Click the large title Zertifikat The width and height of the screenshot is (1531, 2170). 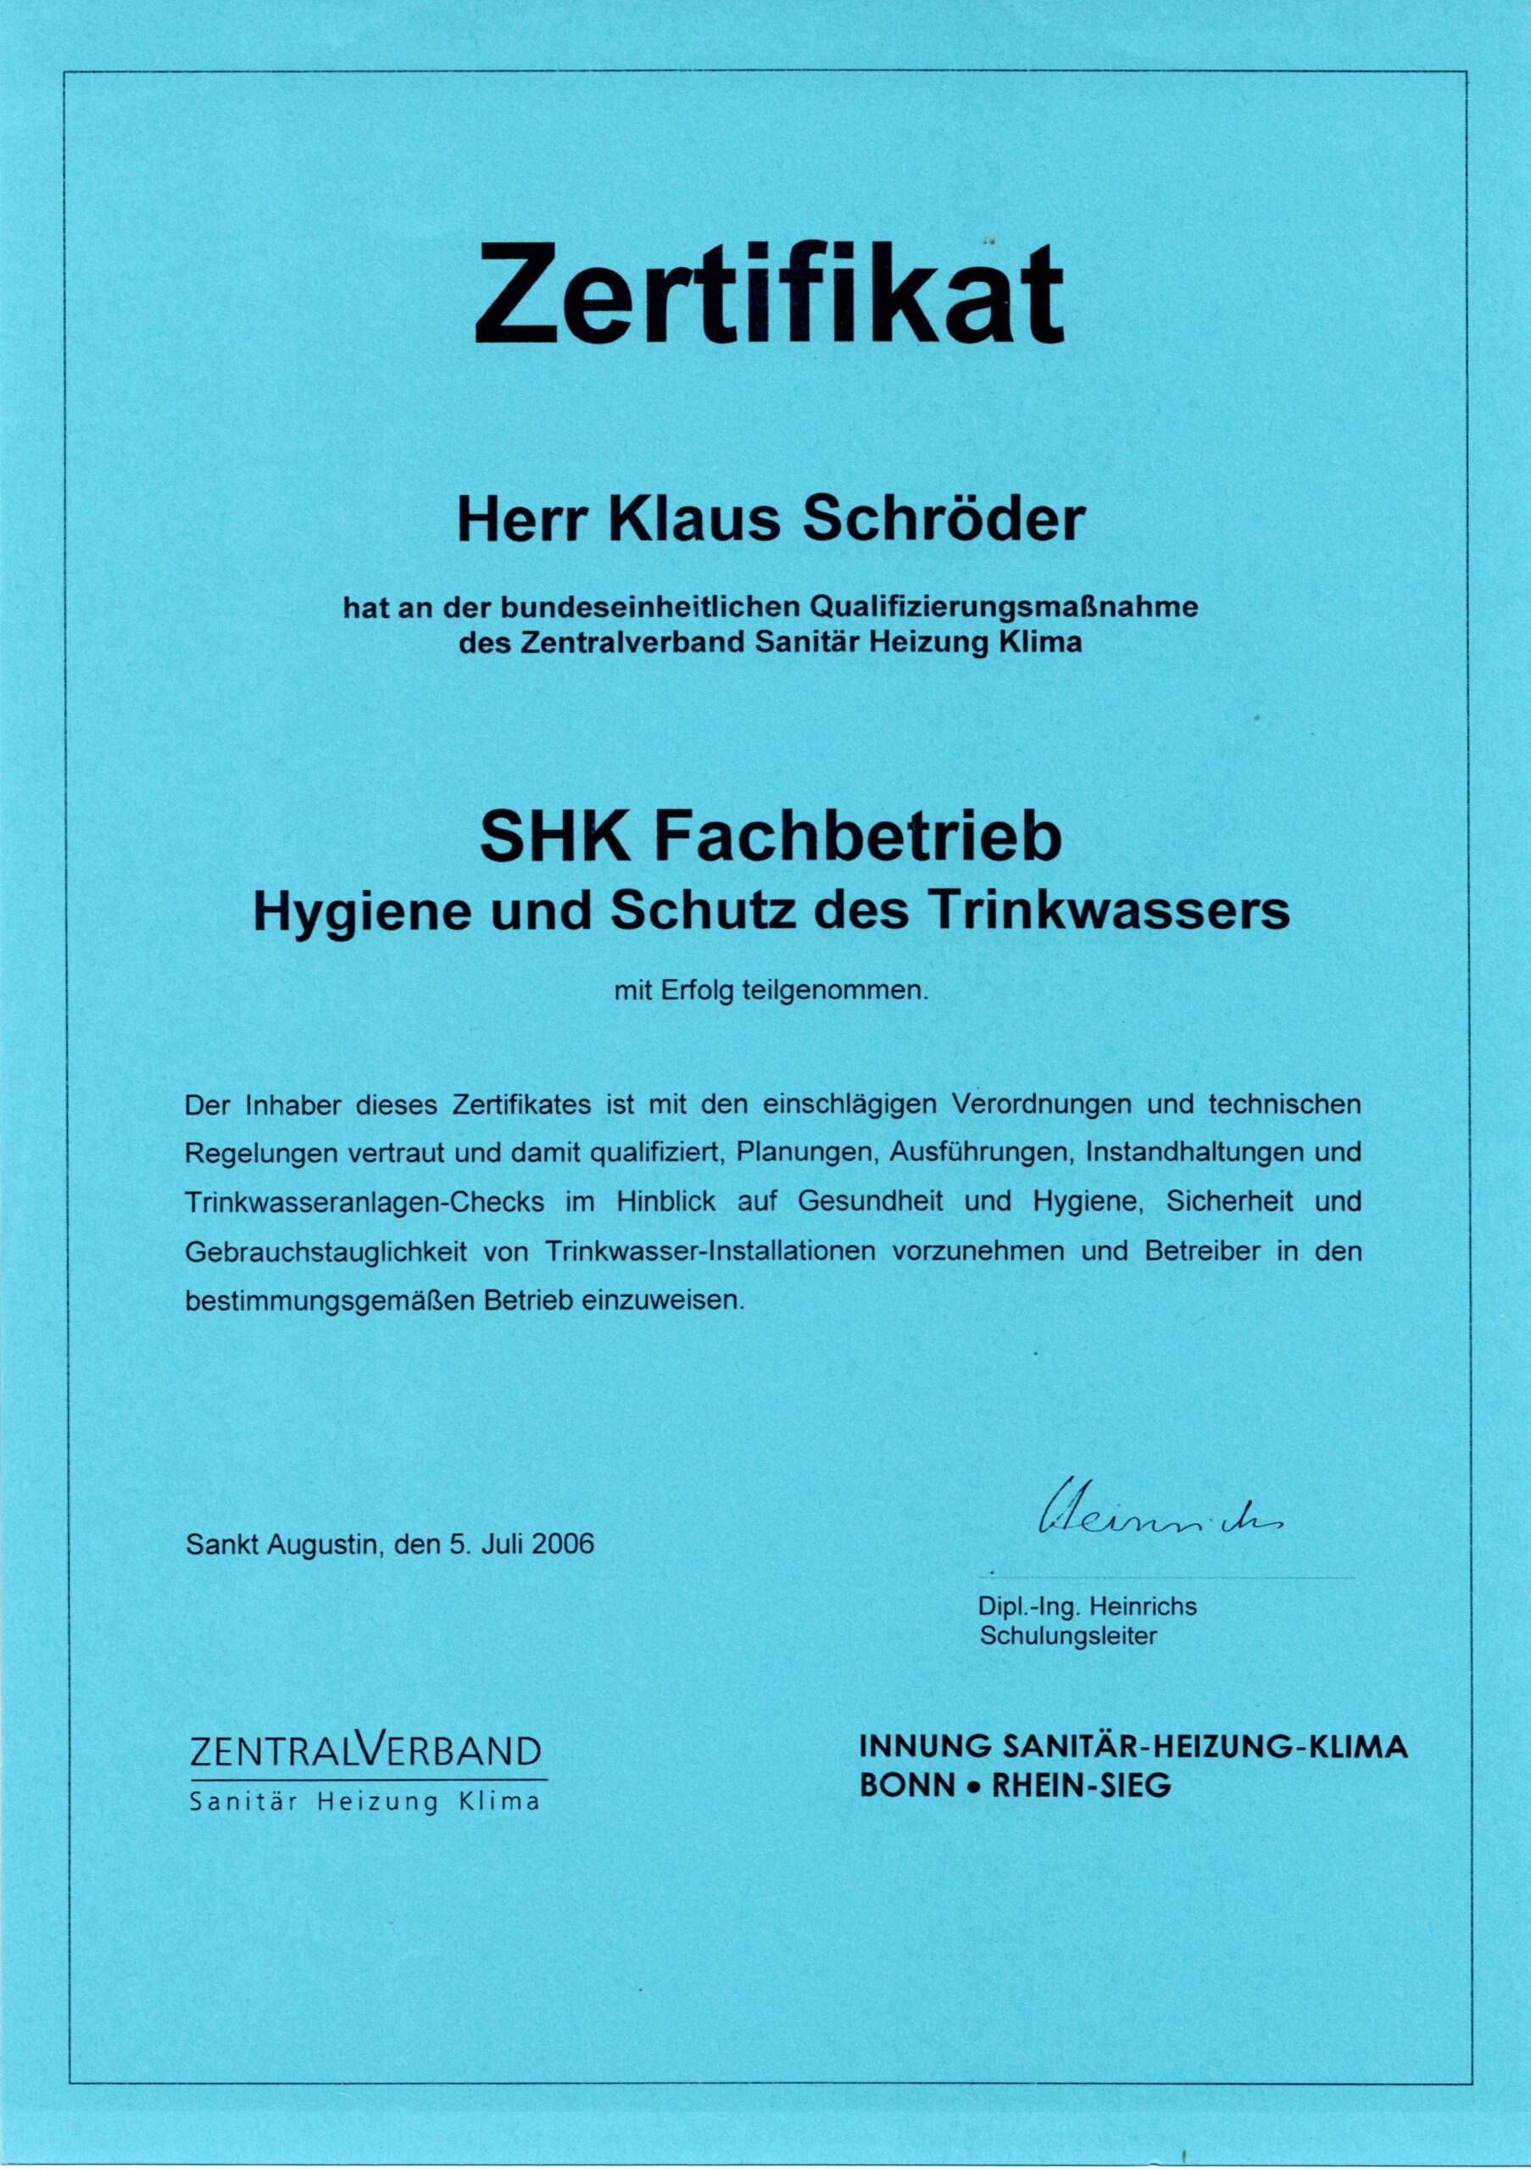click(768, 293)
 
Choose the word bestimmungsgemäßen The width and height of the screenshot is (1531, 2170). click(330, 1300)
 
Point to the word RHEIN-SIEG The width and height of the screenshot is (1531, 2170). click(1077, 1786)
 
